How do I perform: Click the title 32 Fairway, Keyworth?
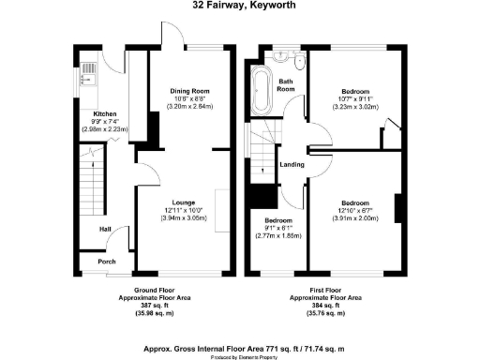pyautogui.click(x=239, y=6)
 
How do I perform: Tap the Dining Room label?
pyautogui.click(x=188, y=91)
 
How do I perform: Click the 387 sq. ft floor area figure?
pyautogui.click(x=156, y=307)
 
